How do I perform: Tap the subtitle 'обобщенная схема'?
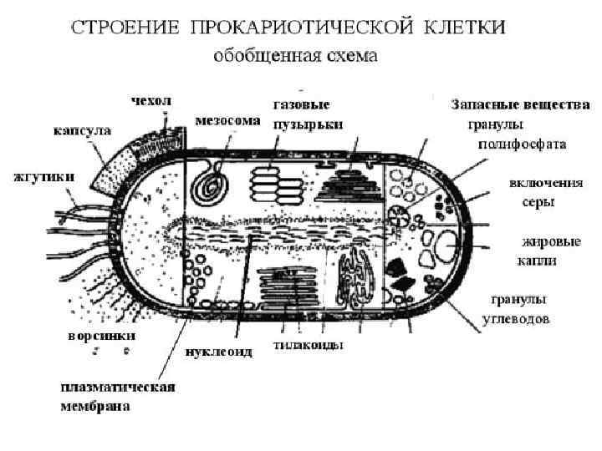296,57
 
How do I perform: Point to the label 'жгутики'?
43,176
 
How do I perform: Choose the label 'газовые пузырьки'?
302,114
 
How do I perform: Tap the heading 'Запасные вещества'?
520,106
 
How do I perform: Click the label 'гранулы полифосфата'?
515,134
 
